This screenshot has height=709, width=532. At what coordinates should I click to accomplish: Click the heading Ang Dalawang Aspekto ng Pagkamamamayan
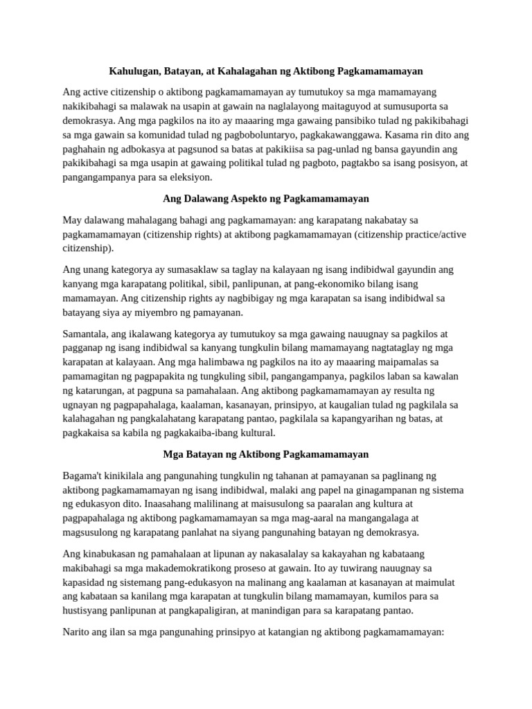pos(266,199)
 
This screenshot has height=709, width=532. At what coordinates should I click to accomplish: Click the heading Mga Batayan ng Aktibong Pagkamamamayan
pos(266,454)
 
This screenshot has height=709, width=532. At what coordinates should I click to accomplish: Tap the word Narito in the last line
pos(78,631)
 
